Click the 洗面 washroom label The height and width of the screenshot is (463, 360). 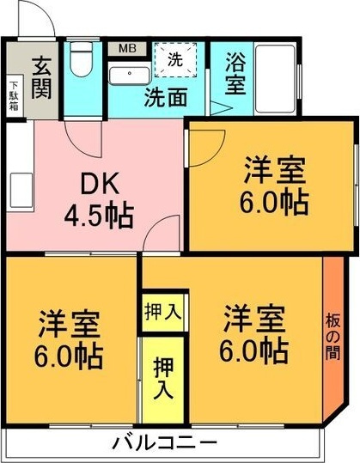[165, 97]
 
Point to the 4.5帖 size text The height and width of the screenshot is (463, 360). [99, 214]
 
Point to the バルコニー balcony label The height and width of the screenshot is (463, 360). [164, 443]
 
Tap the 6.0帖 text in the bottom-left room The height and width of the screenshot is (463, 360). [69, 352]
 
